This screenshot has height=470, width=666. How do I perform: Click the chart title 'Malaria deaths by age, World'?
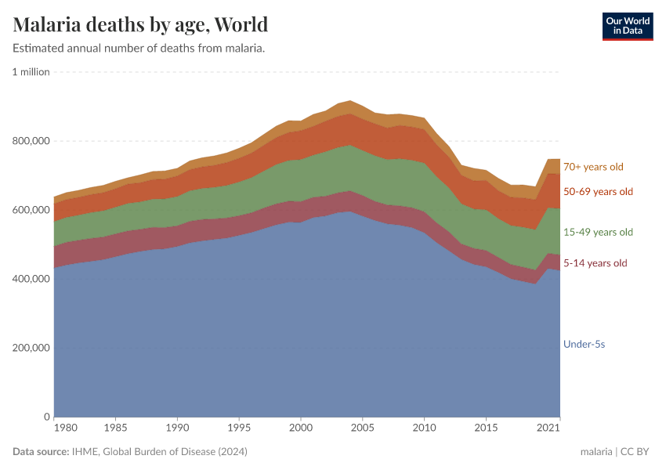point(141,24)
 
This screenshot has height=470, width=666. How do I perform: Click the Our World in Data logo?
point(628,26)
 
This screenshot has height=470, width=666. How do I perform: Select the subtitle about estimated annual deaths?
point(139,49)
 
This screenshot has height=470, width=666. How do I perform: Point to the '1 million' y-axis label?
point(31,72)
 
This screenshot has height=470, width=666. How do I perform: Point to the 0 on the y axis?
point(47,417)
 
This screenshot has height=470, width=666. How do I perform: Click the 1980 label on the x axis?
point(66,428)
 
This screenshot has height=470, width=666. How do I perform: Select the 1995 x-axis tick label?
point(239,428)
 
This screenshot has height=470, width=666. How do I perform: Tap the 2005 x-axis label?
point(362,428)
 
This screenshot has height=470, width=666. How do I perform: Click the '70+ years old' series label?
point(593,167)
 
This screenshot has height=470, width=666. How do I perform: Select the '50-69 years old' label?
point(598,192)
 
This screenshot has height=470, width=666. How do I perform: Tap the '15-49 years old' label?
point(598,233)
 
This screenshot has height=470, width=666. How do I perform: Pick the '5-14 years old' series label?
point(595,263)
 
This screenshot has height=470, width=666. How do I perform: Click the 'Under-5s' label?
point(585,344)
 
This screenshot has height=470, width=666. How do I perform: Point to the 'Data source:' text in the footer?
point(41,452)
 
